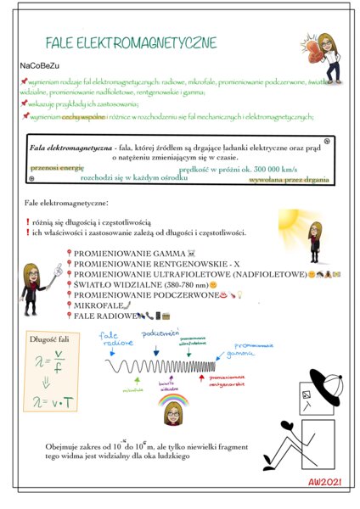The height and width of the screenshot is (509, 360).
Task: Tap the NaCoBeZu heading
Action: pyautogui.click(x=40, y=65)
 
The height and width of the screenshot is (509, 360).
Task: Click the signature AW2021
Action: pyautogui.click(x=327, y=481)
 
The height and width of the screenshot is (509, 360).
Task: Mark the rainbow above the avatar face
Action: pyautogui.click(x=172, y=398)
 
